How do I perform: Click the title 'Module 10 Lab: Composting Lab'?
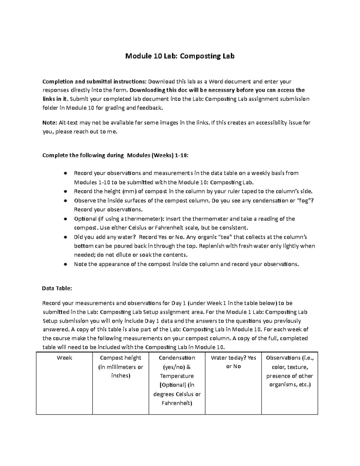point(180,56)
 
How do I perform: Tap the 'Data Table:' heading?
point(57,288)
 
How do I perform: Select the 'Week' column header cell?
point(64,358)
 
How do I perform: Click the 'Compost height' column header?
point(120,358)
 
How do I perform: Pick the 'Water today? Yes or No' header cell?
point(233,362)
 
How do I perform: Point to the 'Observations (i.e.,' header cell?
point(289,358)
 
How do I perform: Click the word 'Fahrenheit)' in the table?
point(177,403)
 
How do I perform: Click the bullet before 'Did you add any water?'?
point(65,237)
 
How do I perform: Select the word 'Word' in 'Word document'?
point(216,82)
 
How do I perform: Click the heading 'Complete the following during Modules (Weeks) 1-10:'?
point(116,155)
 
